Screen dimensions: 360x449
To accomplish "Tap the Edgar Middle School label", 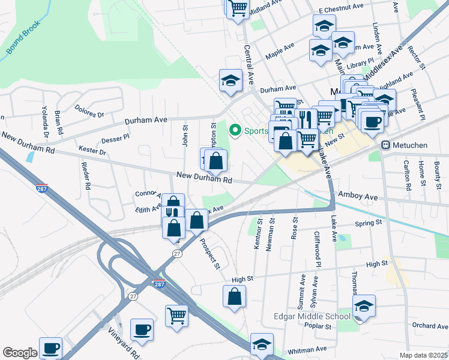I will (x=312, y=317).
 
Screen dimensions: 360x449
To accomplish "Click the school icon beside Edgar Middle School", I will (x=364, y=306).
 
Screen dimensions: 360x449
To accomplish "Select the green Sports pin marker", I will (x=235, y=130).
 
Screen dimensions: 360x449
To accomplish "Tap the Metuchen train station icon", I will (x=386, y=145).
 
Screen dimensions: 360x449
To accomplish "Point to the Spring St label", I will (x=369, y=223).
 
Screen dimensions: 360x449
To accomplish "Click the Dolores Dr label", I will (x=89, y=112).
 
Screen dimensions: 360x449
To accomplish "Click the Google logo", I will (x=20, y=353).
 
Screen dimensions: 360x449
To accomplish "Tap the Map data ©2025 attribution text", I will (x=423, y=355).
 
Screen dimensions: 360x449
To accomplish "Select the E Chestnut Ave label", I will (x=341, y=10).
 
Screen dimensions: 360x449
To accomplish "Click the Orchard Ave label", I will (x=430, y=326).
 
